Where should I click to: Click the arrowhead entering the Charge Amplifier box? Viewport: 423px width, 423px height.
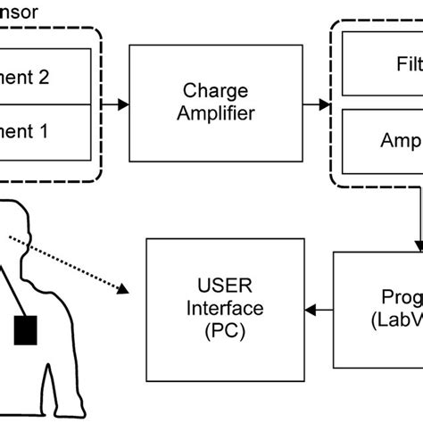click(123, 104)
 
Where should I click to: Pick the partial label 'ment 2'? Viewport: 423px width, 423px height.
click(26, 77)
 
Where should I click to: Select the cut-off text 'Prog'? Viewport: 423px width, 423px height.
click(398, 297)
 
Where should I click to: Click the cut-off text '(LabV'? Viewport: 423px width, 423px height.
click(396, 319)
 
